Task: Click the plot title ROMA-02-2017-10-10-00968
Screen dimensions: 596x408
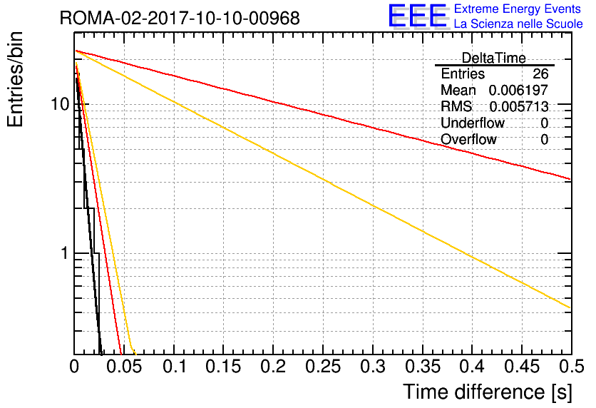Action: [x=180, y=18]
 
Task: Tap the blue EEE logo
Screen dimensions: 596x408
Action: [x=418, y=16]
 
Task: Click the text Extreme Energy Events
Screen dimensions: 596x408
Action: [x=518, y=9]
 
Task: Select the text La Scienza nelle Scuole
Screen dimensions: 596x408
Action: [x=518, y=24]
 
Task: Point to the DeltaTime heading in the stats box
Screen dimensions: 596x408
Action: [x=494, y=58]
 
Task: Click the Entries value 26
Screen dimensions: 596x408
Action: [x=540, y=73]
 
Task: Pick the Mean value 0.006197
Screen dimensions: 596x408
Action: [x=518, y=90]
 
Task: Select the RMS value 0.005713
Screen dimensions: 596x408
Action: [x=519, y=106]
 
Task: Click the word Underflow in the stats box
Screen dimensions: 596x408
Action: [x=473, y=123]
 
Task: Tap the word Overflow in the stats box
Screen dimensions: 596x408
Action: [x=468, y=139]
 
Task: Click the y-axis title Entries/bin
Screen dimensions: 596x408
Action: [x=15, y=80]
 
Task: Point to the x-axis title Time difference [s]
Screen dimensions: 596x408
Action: [x=488, y=392]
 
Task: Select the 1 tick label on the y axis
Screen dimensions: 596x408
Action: [x=65, y=253]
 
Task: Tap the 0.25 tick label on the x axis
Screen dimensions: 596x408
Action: [x=323, y=367]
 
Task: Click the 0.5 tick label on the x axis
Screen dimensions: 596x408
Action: [x=572, y=367]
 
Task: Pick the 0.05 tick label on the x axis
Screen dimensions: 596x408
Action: [x=124, y=367]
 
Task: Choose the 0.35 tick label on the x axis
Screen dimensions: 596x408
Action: [x=423, y=367]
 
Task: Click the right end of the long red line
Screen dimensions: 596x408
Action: [x=571, y=179]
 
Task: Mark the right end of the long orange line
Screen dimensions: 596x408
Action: [x=571, y=307]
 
